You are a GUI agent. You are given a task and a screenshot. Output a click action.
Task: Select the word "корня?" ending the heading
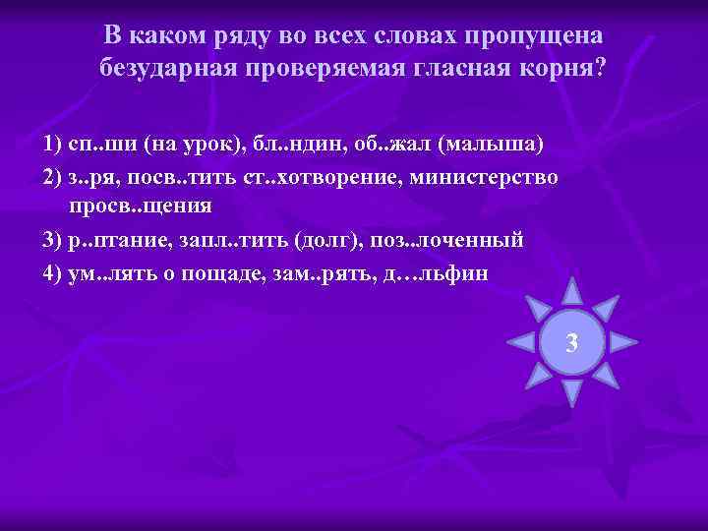tap(563, 69)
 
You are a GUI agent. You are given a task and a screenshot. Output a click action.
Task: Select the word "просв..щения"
tap(141, 206)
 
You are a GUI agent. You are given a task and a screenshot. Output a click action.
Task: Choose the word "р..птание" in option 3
tap(121, 240)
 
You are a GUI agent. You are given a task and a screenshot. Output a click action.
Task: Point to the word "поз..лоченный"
tap(455, 240)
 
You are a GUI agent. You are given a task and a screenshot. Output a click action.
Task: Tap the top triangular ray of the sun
tap(571, 292)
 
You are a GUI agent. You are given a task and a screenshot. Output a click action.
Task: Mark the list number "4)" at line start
tap(54, 272)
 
